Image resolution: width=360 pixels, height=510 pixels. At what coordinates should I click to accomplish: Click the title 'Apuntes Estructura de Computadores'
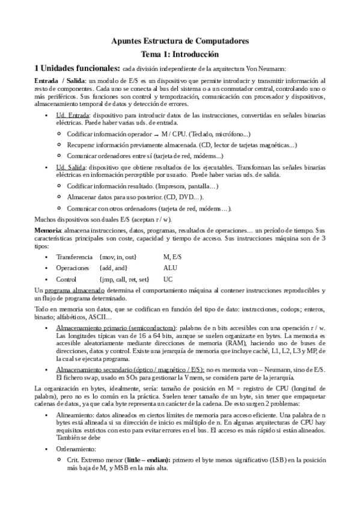[x=180, y=40]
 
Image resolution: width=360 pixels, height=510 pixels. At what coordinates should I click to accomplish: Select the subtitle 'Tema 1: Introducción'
[x=180, y=53]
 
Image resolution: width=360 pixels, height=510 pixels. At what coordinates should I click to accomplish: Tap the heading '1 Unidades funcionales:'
[x=76, y=67]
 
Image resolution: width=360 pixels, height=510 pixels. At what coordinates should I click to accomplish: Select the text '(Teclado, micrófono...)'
[x=221, y=134]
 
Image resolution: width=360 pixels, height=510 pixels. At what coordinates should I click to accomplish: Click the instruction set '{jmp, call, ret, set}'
[x=124, y=280]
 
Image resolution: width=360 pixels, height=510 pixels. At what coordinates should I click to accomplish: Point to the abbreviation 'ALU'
[x=170, y=268]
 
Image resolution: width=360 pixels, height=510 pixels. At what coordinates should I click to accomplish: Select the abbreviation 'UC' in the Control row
[x=168, y=280]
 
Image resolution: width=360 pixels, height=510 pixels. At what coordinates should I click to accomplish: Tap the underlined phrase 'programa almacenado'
[x=67, y=290]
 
